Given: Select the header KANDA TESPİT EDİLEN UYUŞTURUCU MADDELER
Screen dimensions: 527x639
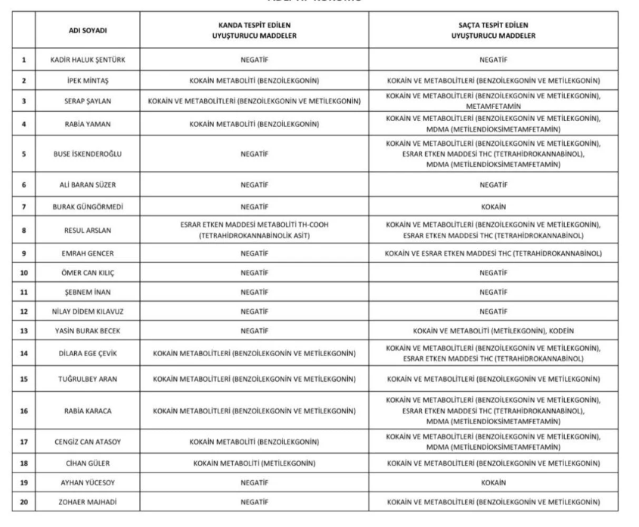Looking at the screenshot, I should coord(253,30).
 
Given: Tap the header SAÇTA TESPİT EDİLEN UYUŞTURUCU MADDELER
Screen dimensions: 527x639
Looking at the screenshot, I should coord(492,30).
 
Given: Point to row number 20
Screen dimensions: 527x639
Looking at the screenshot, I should coord(23,501).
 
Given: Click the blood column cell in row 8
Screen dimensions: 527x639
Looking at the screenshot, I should coord(253,229).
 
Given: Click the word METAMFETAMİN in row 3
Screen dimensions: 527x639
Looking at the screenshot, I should coord(492,107).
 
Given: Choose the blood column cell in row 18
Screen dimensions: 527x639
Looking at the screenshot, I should coord(253,461).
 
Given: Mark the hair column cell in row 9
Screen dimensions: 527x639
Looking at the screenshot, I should coord(492,253).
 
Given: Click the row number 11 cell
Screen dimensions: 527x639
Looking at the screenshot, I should coord(23,291).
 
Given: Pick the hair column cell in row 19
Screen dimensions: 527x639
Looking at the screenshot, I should coord(492,481).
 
